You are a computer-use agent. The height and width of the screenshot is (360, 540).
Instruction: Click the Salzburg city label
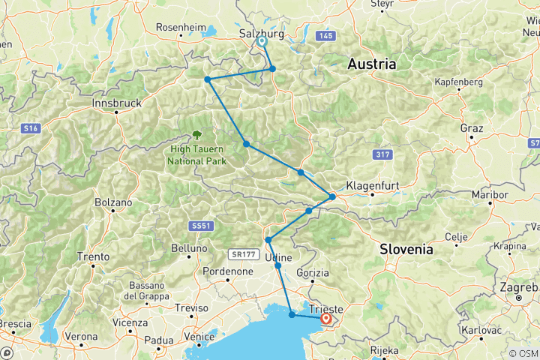(261, 34)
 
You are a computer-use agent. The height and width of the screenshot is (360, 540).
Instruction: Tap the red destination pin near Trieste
(326, 319)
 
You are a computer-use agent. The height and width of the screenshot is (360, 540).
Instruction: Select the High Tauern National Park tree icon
(197, 135)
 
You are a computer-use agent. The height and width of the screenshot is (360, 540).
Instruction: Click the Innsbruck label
(115, 103)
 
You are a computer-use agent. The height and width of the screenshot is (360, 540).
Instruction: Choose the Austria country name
(371, 64)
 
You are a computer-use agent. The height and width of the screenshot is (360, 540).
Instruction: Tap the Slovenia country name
(406, 248)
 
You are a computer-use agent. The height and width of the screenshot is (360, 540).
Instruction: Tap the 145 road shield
(324, 35)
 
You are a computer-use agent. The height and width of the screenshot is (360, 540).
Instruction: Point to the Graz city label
(472, 128)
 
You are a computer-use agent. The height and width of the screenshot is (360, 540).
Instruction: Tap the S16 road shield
(30, 129)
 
